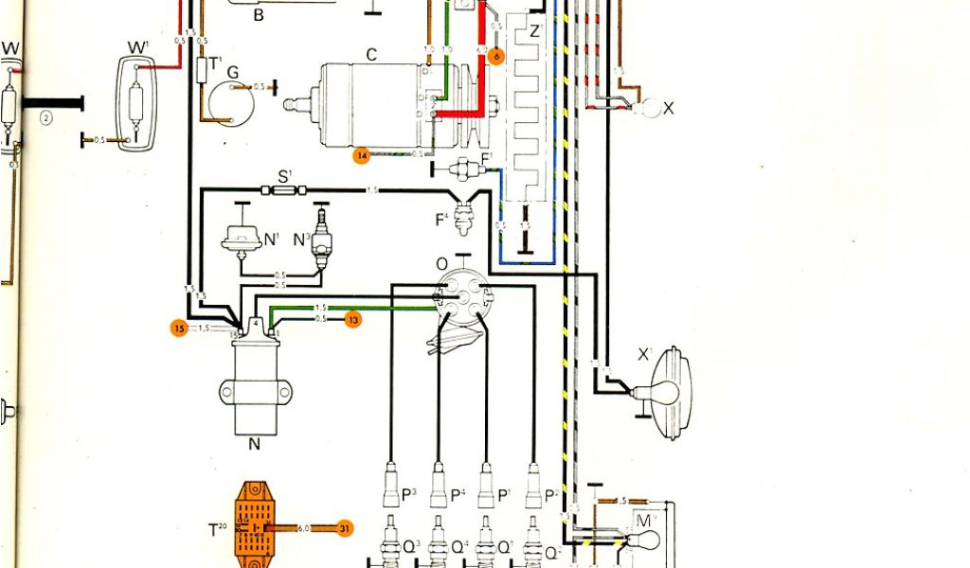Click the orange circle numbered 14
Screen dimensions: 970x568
[x=361, y=156]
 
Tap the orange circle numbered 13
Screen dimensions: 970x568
[x=352, y=319]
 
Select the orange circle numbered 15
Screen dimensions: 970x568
[x=178, y=328]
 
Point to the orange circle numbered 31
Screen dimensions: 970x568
[x=345, y=529]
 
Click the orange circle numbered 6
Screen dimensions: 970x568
[x=494, y=56]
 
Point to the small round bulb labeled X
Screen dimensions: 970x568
[x=650, y=108]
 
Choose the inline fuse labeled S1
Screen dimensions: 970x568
[x=285, y=190]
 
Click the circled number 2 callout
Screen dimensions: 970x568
[x=45, y=117]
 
